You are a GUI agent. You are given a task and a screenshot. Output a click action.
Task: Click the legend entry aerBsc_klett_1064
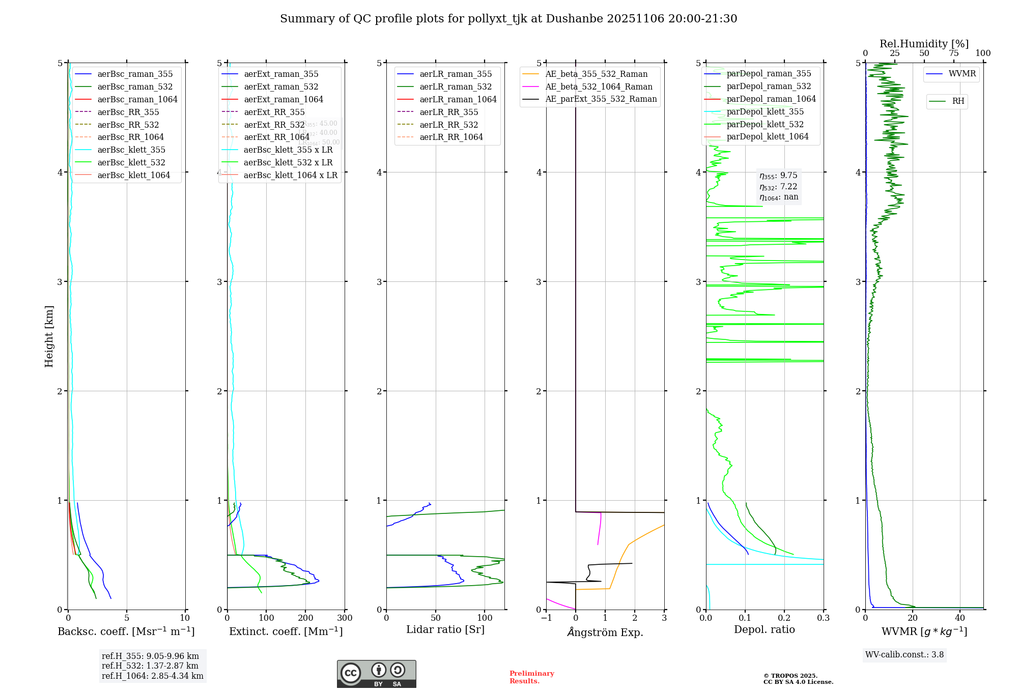[133, 175]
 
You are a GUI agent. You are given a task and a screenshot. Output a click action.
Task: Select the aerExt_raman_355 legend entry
[281, 74]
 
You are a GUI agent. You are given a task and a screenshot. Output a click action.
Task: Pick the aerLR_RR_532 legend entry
[448, 125]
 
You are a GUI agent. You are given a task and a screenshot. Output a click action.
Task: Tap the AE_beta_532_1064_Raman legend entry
[599, 86]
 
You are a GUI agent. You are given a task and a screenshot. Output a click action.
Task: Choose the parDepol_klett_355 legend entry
[765, 111]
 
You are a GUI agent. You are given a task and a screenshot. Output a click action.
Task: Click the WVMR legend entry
[962, 74]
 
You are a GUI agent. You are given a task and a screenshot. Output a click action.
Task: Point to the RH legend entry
[958, 101]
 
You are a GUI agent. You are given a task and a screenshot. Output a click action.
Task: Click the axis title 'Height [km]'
[49, 336]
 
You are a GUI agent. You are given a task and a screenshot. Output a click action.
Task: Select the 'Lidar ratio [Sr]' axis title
[445, 629]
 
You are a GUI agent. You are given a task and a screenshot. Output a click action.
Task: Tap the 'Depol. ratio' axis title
[764, 629]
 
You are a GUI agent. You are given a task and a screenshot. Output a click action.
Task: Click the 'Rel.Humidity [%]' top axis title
[924, 44]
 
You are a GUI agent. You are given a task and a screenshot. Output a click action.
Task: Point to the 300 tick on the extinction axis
[345, 618]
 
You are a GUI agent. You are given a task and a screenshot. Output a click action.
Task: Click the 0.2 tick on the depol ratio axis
[784, 618]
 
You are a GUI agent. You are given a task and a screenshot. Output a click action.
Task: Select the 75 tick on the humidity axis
[954, 53]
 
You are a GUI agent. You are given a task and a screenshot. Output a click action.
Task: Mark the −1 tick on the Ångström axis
[546, 618]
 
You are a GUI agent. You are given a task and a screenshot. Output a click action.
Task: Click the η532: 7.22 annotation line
[778, 187]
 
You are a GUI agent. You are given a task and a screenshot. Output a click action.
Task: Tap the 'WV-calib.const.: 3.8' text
[904, 655]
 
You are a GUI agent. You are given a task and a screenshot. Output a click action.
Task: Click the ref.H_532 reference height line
[150, 666]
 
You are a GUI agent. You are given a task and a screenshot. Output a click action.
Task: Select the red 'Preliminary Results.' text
[531, 677]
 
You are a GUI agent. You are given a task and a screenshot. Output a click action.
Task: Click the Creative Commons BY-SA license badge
[376, 674]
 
